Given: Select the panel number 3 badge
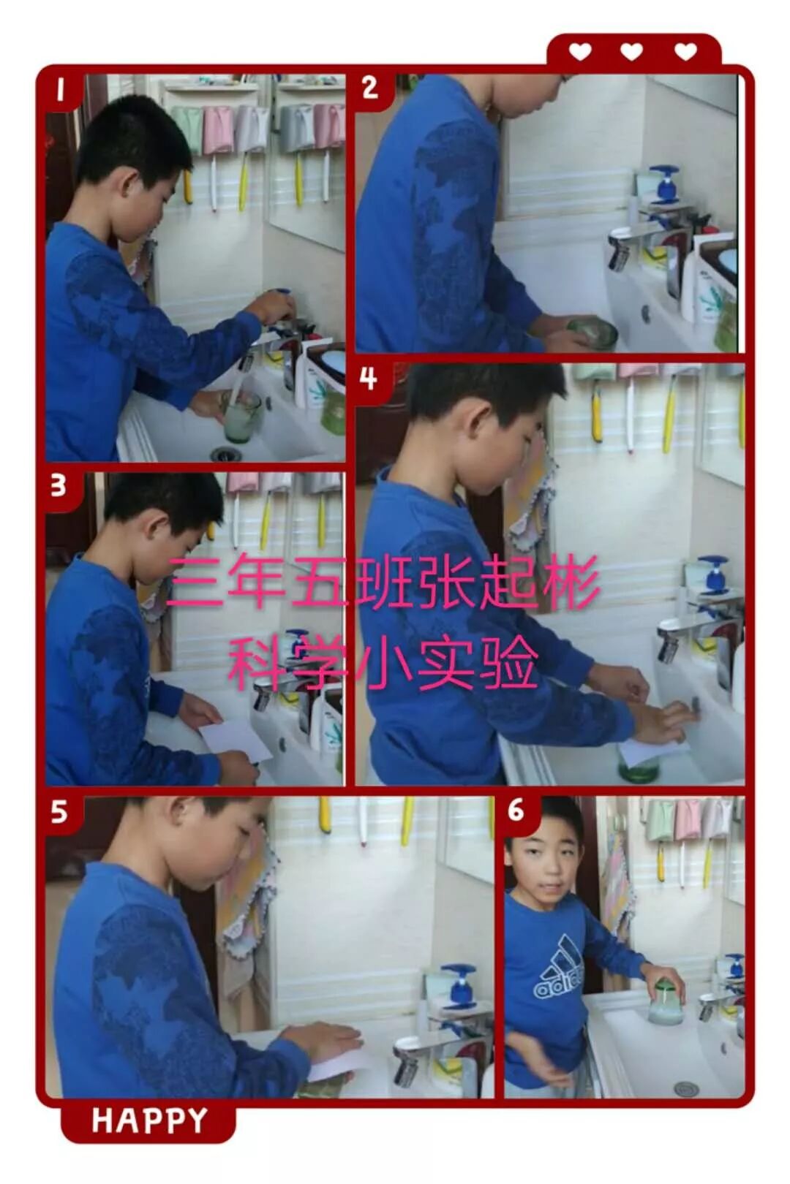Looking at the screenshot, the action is pyautogui.click(x=60, y=486).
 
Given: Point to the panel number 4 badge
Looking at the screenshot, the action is pyautogui.click(x=369, y=379).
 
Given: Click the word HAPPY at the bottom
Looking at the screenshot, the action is pyautogui.click(x=150, y=1120).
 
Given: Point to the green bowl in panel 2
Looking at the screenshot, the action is pyautogui.click(x=593, y=333).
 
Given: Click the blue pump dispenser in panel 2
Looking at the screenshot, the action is pyautogui.click(x=663, y=184).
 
